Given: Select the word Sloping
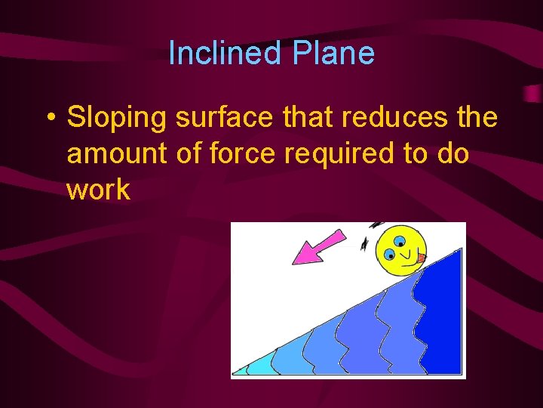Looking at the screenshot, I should tap(109, 119).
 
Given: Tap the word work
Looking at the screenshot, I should tap(98, 190).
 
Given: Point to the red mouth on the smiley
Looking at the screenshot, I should tap(421, 258).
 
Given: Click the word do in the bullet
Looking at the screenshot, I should tap(452, 154).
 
